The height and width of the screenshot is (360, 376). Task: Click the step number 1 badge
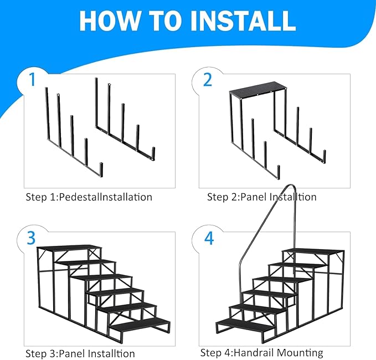point(32,80)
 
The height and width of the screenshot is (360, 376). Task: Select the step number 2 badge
point(208,80)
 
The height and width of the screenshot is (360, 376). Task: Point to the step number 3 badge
point(32,238)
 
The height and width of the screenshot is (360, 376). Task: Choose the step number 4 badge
point(208,238)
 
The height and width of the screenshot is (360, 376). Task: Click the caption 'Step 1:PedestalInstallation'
point(89,197)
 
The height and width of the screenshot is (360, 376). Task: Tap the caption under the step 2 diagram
point(261,197)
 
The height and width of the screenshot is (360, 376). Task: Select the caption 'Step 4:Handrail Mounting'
point(261,353)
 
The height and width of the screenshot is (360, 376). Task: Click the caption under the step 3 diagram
point(80,353)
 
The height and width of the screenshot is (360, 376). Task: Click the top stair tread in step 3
point(70,249)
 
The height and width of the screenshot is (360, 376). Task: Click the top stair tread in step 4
point(313,251)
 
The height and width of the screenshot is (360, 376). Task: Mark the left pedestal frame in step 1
point(72,138)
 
